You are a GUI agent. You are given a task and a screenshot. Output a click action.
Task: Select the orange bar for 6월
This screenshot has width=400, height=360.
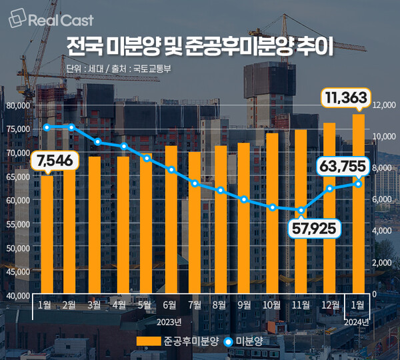pos(171,220)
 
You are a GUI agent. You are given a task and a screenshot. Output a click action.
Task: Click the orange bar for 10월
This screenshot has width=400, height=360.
pos(272,213)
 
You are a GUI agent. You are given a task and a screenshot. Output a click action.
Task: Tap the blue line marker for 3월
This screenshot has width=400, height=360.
pos(97,142)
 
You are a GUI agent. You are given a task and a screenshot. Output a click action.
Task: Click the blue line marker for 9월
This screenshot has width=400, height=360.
pos(245,199)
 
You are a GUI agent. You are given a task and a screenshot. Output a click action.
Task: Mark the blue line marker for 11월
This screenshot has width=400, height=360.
pos(301,211)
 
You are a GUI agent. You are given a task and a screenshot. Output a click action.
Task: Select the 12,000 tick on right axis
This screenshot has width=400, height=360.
pos(385,105)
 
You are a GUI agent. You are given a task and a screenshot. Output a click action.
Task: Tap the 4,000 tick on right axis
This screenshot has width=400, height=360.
pos(385,231)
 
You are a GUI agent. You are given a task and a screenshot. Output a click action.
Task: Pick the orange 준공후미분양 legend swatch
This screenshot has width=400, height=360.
pos(148,341)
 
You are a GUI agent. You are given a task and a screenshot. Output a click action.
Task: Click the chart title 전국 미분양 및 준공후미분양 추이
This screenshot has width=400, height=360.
pos(200,47)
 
